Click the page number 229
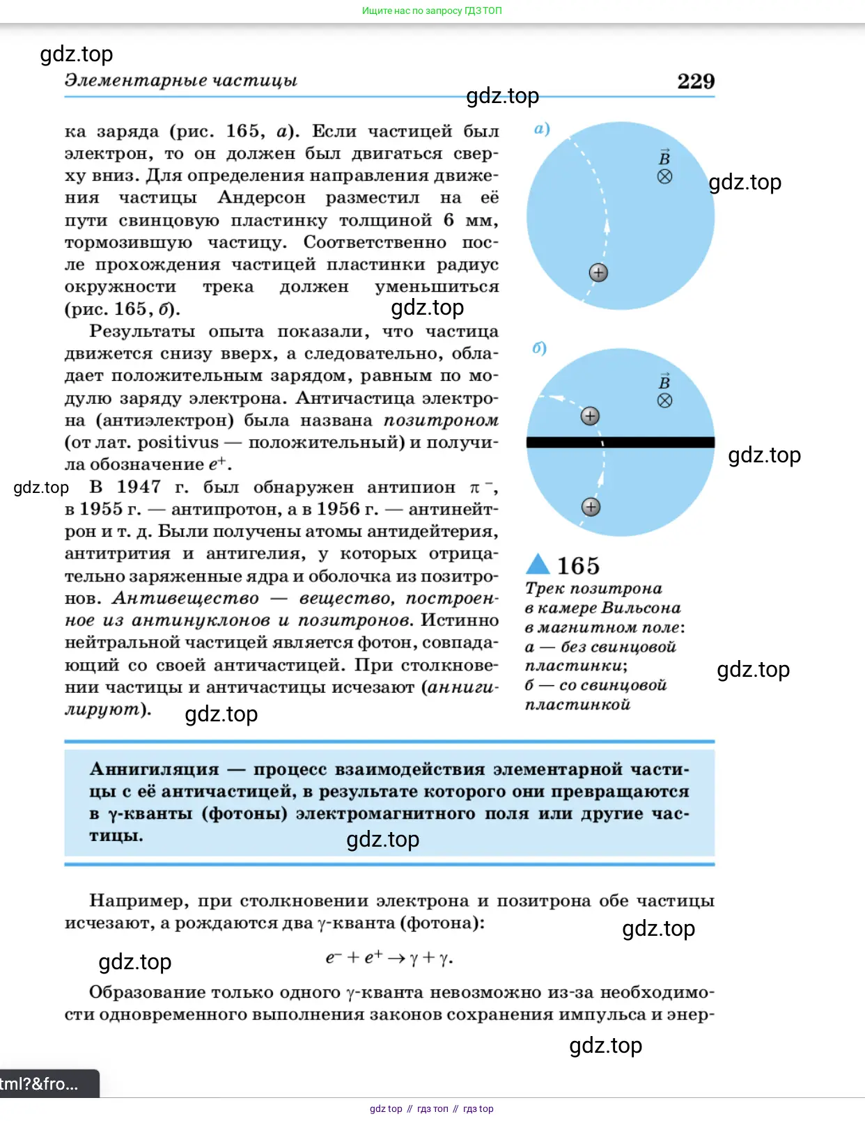click(x=696, y=81)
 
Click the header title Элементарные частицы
click(x=181, y=80)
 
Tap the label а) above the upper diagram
click(x=542, y=129)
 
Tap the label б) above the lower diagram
click(x=539, y=348)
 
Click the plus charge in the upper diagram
click(x=598, y=272)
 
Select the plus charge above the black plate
click(x=590, y=416)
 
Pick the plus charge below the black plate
click(x=591, y=507)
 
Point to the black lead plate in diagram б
click(x=620, y=442)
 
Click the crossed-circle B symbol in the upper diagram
click(x=665, y=177)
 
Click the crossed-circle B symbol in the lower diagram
click(x=665, y=400)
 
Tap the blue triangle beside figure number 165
click(x=538, y=564)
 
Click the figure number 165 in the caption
click(x=578, y=565)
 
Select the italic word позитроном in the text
click(x=441, y=421)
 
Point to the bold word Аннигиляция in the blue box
click(x=154, y=769)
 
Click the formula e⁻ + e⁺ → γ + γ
click(x=389, y=958)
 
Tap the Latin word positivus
click(x=178, y=443)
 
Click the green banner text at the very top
click(x=432, y=10)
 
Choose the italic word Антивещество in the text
click(x=185, y=599)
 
